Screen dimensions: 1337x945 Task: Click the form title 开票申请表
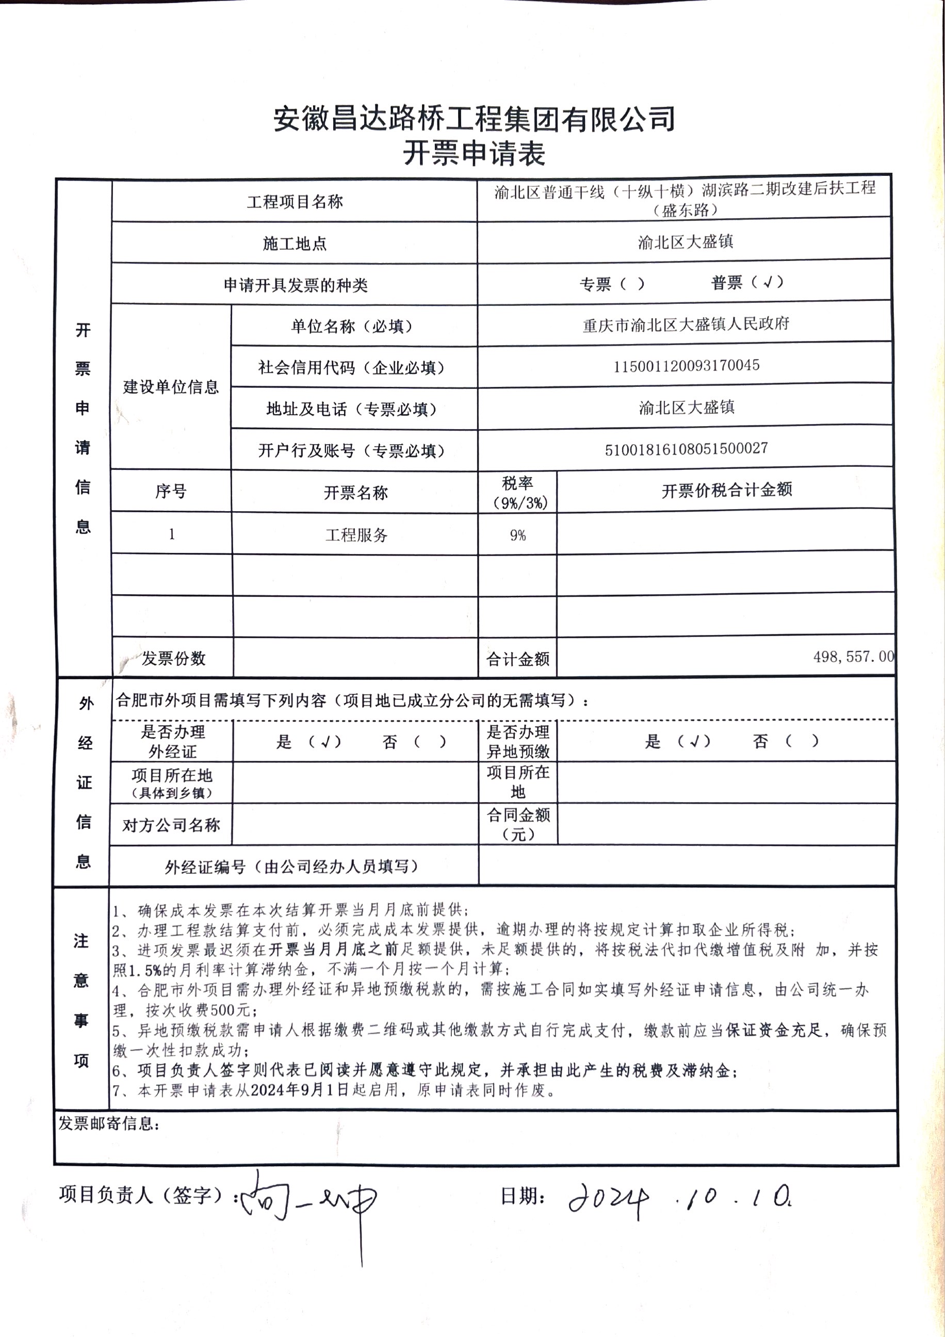[x=474, y=154]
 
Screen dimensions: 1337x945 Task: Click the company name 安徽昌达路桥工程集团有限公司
[x=474, y=119]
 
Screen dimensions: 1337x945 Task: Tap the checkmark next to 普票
[x=768, y=283]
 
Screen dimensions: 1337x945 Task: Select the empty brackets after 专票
[x=632, y=284]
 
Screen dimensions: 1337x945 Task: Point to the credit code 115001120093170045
[x=686, y=366]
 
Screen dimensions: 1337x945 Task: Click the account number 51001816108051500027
[x=686, y=449]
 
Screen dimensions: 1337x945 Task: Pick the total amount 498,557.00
[x=853, y=657]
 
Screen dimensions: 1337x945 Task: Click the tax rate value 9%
[x=517, y=535]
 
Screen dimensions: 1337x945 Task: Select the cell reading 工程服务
[x=356, y=535]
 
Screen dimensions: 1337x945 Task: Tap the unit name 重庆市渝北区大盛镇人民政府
[x=686, y=324]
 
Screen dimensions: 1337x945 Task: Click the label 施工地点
[x=295, y=243]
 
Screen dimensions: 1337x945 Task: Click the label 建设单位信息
[x=171, y=387]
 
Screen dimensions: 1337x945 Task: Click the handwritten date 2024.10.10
[x=678, y=1198]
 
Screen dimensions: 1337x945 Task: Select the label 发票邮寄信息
[x=108, y=1123]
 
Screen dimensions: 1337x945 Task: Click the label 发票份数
[x=173, y=659]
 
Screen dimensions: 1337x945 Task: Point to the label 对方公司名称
[x=171, y=825]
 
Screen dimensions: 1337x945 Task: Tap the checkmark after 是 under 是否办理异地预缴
[x=694, y=741]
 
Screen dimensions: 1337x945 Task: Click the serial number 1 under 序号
[x=171, y=534]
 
